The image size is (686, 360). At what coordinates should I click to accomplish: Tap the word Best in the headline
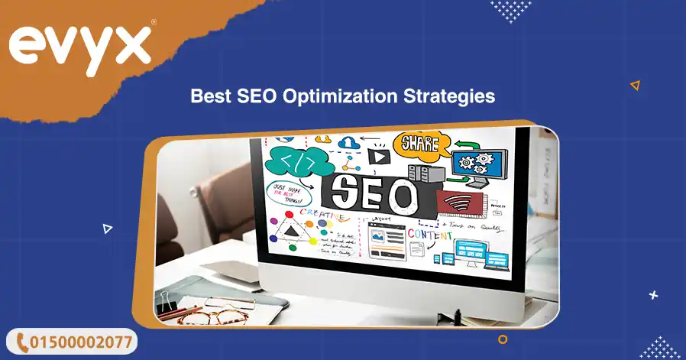[209, 97]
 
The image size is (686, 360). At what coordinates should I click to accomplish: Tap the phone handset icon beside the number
[22, 341]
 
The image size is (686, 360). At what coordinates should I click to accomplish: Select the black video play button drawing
[377, 157]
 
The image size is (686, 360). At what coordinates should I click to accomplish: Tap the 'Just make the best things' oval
[288, 191]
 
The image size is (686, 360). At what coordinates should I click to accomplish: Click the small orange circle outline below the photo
[503, 339]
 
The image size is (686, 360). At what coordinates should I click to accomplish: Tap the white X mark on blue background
[653, 294]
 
